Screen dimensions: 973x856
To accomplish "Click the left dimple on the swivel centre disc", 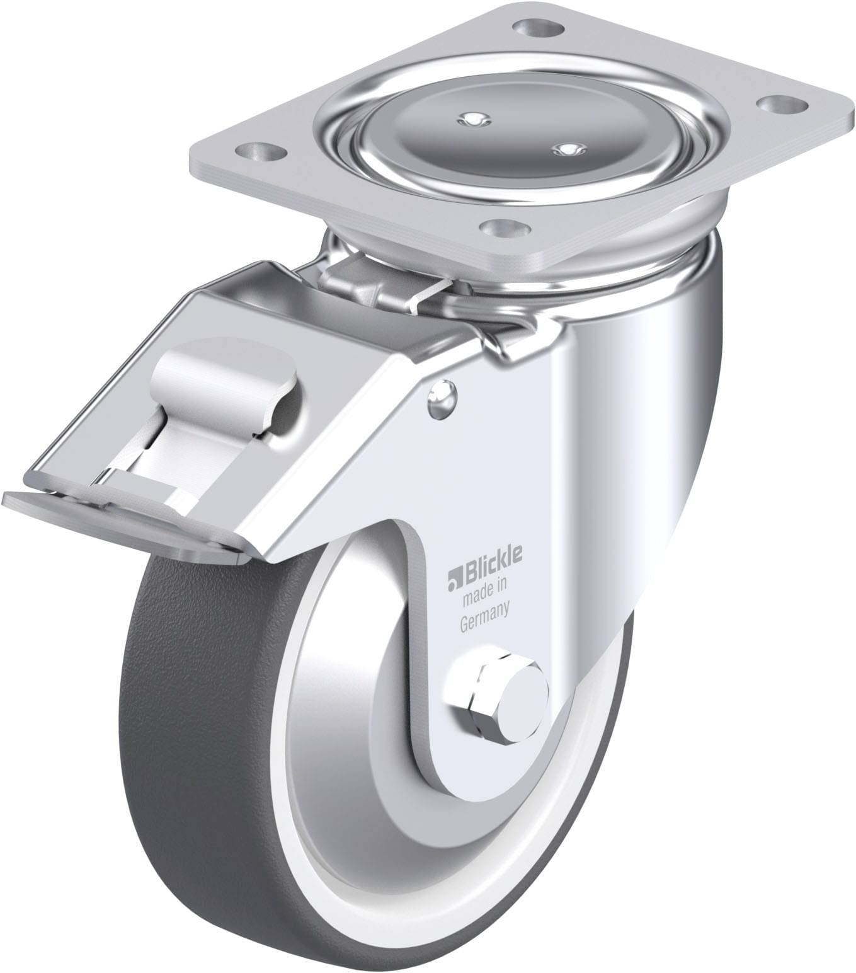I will tap(469, 118).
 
